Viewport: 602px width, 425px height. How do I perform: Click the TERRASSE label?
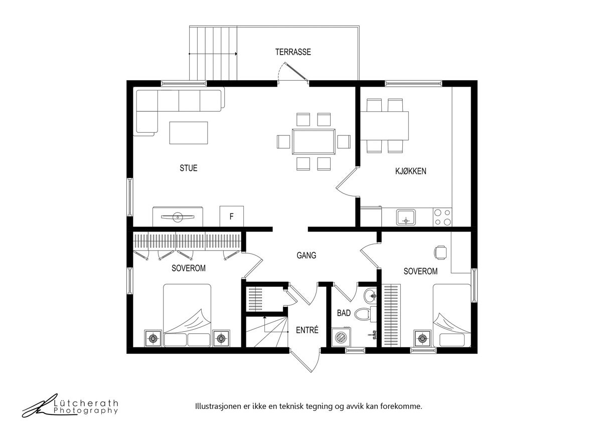tap(293, 52)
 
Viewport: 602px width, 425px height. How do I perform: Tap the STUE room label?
tap(189, 168)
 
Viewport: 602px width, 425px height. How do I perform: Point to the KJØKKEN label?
tap(411, 171)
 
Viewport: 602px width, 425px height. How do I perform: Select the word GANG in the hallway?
tap(307, 255)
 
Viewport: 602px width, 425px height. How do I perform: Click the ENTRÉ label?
tap(307, 330)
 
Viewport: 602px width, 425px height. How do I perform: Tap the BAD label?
tap(344, 313)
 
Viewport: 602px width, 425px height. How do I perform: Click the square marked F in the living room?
tap(232, 217)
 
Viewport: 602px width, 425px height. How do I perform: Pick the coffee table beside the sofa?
tap(189, 133)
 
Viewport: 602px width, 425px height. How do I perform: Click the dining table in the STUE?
tap(314, 142)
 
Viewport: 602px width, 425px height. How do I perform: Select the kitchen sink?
tap(406, 218)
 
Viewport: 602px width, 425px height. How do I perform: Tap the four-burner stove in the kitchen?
tap(442, 217)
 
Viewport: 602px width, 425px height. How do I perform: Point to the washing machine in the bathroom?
tap(341, 337)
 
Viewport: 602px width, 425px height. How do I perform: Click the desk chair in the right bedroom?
tap(440, 253)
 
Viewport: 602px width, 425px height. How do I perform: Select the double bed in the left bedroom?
tap(187, 315)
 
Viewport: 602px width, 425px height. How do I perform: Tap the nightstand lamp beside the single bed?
tap(422, 339)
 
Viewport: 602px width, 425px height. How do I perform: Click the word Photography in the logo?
tap(86, 410)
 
